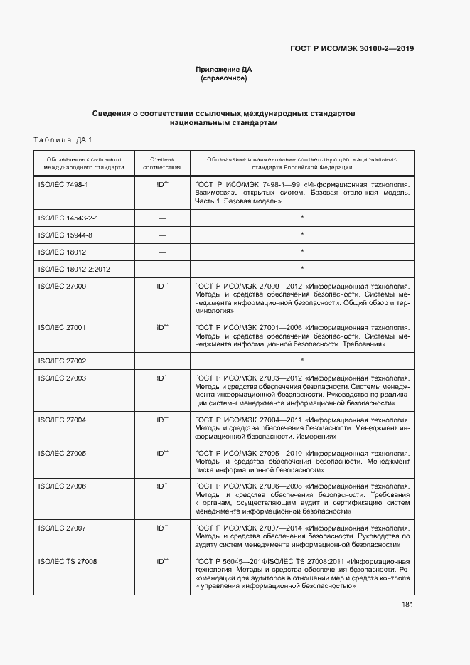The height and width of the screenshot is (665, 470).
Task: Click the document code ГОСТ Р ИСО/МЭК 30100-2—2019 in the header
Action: [x=352, y=49]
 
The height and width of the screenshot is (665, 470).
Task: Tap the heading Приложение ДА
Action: [x=224, y=70]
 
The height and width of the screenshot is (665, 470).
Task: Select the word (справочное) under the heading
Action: [x=224, y=78]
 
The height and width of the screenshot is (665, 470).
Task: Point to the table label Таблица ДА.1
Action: [x=63, y=139]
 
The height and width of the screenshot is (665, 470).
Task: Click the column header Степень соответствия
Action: [x=162, y=164]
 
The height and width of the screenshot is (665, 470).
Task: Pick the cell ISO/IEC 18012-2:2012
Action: [x=71, y=268]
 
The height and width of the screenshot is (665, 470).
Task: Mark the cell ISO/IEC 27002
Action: [x=61, y=361]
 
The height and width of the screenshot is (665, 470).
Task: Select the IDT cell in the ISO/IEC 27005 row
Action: [x=162, y=453]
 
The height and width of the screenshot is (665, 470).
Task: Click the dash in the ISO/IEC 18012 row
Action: [x=162, y=252]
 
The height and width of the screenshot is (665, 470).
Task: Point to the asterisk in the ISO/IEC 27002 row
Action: [x=302, y=361]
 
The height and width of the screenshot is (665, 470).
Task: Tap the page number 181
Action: [x=407, y=605]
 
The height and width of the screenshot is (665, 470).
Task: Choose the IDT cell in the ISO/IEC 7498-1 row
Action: [x=162, y=184]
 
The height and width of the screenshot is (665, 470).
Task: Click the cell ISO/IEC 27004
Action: [x=61, y=420]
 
